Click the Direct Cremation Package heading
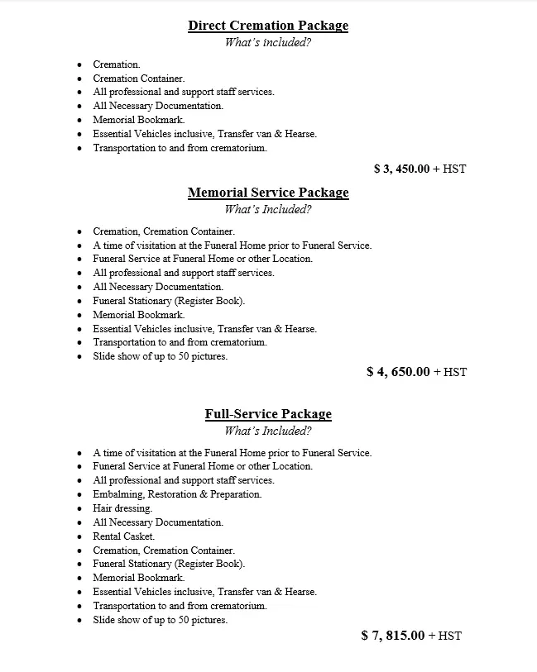(x=268, y=26)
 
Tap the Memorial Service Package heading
(x=268, y=193)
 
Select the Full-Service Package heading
(x=268, y=414)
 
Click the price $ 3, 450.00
(x=401, y=169)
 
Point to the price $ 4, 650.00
(x=398, y=372)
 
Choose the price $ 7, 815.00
(x=393, y=636)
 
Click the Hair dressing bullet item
(x=122, y=508)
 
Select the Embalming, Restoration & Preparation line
(x=177, y=494)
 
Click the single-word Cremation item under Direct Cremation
(x=117, y=64)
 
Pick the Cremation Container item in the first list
(x=139, y=79)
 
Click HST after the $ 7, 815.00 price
(x=449, y=636)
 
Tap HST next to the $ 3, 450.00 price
(x=454, y=169)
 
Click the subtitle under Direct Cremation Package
(x=268, y=43)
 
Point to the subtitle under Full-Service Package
(x=268, y=431)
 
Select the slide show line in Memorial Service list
(x=160, y=356)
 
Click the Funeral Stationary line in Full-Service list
(x=169, y=564)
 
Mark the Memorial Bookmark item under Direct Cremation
(x=138, y=120)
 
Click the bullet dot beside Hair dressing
(x=79, y=509)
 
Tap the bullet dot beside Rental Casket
(x=79, y=537)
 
